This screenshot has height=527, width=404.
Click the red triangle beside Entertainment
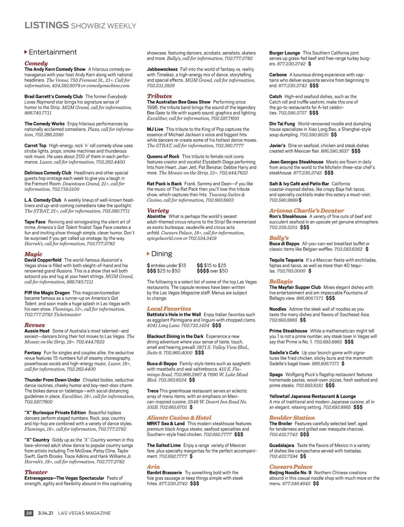(26, 52)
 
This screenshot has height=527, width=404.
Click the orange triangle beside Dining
(148, 253)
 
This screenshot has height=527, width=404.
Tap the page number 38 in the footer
(29, 513)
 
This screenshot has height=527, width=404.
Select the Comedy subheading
(36, 63)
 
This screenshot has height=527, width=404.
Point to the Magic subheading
(33, 254)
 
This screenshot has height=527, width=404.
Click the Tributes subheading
(159, 96)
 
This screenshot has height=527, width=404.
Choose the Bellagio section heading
(281, 281)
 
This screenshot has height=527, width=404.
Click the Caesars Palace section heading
(291, 467)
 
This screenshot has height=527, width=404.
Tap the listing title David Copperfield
(43, 260)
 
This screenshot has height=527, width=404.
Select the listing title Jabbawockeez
(162, 69)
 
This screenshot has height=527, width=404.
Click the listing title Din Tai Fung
(282, 124)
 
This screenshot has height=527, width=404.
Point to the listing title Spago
(276, 374)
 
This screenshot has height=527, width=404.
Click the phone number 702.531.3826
(161, 86)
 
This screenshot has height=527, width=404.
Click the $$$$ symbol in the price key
(203, 271)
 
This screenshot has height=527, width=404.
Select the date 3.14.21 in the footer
(45, 513)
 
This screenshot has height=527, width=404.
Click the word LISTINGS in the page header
(46, 25)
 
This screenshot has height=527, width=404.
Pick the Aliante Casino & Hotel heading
(179, 417)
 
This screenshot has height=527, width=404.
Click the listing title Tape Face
(35, 222)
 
